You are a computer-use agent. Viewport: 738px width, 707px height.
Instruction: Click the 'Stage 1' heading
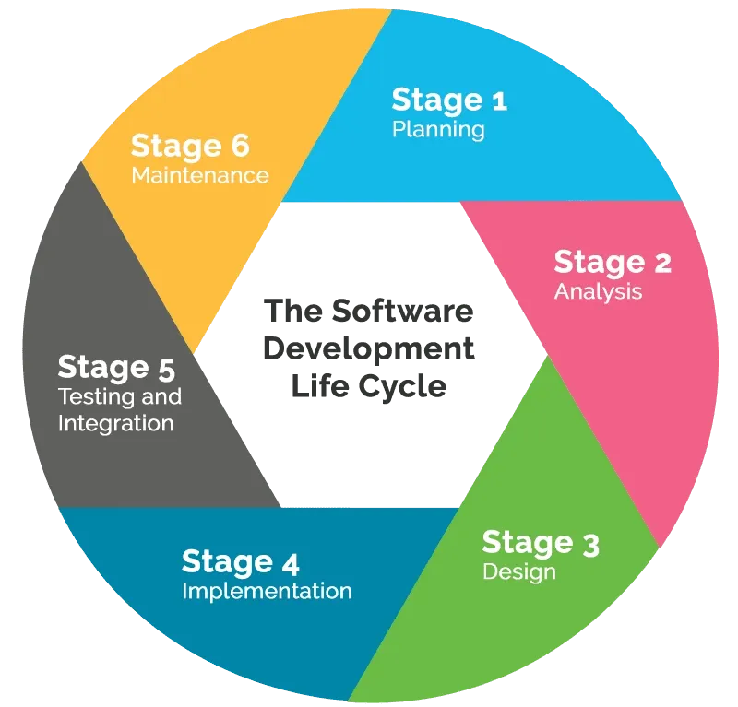[449, 100]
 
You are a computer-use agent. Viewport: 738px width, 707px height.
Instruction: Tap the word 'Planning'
[438, 129]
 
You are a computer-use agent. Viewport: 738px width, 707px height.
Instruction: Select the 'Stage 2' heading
[613, 263]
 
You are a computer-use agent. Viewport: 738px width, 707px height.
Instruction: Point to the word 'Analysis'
[598, 292]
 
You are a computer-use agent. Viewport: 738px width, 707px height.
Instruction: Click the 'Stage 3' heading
[541, 543]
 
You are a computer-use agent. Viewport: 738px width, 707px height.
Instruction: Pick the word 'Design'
[519, 572]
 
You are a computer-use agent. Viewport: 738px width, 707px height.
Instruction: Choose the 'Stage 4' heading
[240, 561]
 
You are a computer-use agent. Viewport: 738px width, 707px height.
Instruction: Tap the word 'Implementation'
[267, 591]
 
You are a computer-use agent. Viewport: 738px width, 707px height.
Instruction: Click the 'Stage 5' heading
[116, 368]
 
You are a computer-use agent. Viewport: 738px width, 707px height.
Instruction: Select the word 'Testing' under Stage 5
[90, 397]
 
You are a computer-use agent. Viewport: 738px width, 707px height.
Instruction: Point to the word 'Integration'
[115, 424]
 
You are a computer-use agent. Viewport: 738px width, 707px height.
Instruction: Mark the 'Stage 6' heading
[190, 146]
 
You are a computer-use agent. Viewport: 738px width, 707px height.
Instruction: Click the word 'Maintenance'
[200, 175]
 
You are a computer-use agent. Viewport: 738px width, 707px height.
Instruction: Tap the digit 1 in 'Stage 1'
[499, 100]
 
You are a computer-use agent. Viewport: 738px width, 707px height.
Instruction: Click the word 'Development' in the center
[369, 348]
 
